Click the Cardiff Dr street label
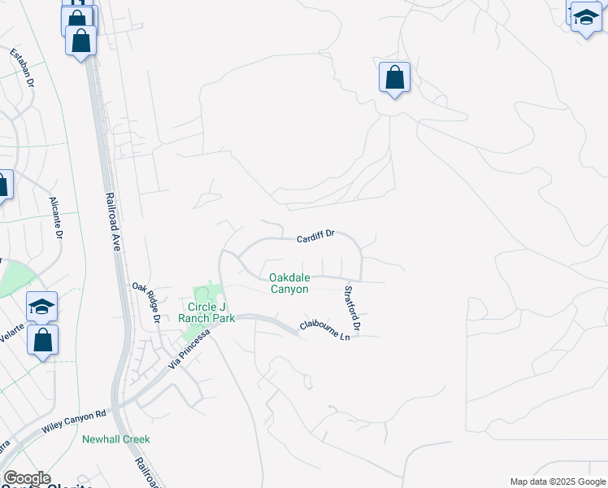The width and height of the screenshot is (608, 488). [x=316, y=236]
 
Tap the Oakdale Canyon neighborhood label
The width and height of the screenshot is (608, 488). [x=289, y=283]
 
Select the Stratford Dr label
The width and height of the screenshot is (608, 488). [x=352, y=307]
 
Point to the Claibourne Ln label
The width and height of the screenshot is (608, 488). [x=329, y=329]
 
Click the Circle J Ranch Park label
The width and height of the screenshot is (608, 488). [x=206, y=312]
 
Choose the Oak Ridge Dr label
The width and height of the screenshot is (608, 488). [x=147, y=303]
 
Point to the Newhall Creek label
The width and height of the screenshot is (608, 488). [x=116, y=439]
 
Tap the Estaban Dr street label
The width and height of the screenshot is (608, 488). [x=23, y=68]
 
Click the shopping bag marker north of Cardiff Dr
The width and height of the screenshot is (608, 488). [x=394, y=79]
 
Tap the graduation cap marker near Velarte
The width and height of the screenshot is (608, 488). [x=41, y=307]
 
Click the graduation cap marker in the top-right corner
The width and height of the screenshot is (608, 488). [x=585, y=18]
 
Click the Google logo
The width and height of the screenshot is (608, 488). [x=26, y=478]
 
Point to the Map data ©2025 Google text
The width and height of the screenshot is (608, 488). [x=558, y=481]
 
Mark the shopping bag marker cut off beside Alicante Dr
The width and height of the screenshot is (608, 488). [x=3, y=185]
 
